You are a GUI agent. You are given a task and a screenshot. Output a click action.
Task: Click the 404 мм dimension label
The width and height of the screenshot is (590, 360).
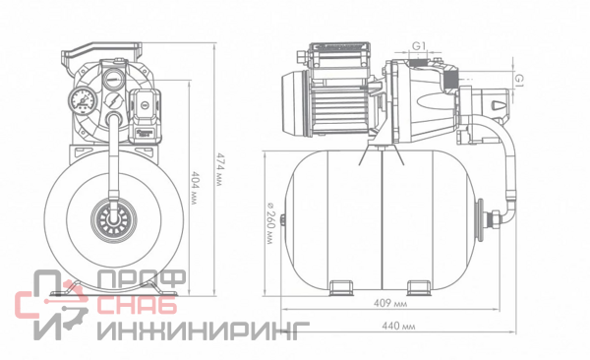click(194, 188)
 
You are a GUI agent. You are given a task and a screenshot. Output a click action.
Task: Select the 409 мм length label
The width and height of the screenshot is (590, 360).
click(390, 303)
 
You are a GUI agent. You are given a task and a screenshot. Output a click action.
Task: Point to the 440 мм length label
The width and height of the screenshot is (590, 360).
click(398, 326)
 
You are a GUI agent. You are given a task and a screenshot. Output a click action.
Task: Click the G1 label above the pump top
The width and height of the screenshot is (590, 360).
click(419, 46)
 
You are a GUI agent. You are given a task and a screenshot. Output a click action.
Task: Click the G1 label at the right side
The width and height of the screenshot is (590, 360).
click(519, 79)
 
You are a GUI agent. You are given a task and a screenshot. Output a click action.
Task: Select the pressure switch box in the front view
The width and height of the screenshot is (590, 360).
click(146, 115)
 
